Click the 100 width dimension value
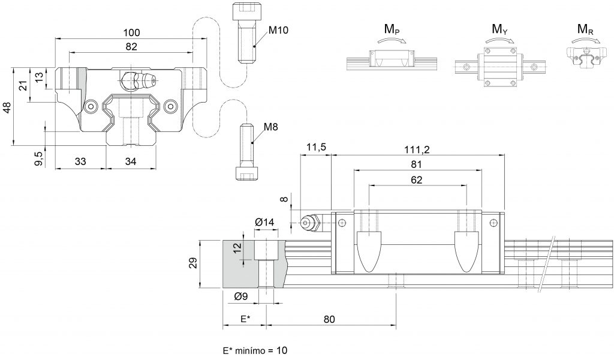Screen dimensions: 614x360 (x=131, y=32)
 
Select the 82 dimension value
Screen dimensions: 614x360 (x=131, y=46)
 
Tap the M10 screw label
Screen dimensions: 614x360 (x=278, y=30)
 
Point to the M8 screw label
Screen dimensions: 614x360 (x=270, y=127)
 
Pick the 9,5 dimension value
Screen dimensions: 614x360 (x=38, y=158)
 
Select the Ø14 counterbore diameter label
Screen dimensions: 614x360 (x=264, y=222)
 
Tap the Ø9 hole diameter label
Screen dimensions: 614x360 (x=241, y=296)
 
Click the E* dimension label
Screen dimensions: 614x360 (x=245, y=319)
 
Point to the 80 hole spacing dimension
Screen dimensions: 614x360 (x=329, y=319)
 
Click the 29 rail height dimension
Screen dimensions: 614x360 (x=193, y=263)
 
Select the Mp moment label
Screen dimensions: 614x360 (x=392, y=29)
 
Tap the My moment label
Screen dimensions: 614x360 (x=499, y=29)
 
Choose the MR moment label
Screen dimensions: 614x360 (x=585, y=29)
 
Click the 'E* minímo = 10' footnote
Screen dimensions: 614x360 (x=255, y=350)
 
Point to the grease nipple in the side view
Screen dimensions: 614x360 (x=310, y=223)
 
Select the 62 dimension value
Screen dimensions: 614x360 (x=417, y=180)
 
